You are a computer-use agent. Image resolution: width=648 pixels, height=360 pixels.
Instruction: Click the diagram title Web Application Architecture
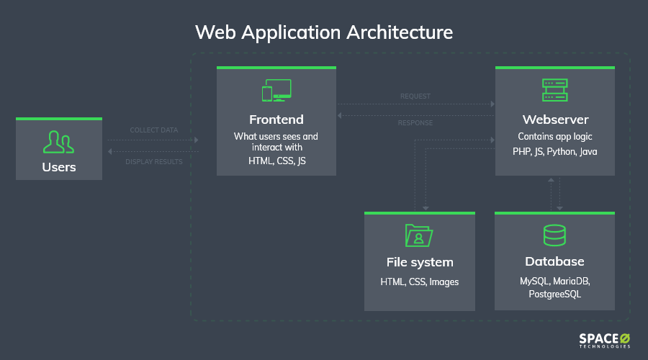(324, 32)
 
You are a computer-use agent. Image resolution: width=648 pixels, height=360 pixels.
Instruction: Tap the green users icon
(58, 142)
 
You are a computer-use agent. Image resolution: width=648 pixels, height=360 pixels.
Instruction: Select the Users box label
(58, 168)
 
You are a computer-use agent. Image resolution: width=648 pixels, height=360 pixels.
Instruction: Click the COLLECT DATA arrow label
(153, 130)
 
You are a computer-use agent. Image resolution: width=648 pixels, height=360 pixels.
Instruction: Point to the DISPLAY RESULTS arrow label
(153, 161)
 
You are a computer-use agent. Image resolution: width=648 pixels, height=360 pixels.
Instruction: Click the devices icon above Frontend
(276, 91)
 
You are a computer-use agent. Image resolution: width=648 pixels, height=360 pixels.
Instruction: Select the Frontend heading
(276, 120)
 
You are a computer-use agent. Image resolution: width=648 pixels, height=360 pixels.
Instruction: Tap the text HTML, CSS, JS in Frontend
(276, 161)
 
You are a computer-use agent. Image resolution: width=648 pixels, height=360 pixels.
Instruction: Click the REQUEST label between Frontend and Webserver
(415, 96)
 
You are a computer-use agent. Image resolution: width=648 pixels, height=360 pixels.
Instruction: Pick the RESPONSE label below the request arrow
(415, 123)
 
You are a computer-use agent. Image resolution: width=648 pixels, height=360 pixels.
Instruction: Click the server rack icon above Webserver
(554, 90)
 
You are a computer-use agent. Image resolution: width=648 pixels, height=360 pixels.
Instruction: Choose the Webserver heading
(554, 120)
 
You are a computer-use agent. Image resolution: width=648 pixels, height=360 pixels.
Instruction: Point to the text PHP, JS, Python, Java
(554, 152)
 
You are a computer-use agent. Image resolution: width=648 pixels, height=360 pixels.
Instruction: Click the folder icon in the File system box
(419, 235)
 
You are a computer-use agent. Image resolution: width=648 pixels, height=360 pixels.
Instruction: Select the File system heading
(419, 262)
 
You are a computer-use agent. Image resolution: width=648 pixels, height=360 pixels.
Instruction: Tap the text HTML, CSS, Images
(419, 282)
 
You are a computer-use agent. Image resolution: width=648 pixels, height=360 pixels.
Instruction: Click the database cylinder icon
(554, 235)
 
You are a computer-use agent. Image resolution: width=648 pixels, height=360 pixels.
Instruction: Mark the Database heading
(554, 261)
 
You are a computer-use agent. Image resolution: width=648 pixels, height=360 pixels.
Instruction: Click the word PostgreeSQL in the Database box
(554, 294)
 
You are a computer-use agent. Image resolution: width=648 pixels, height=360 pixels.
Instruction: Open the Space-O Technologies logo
(604, 341)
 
